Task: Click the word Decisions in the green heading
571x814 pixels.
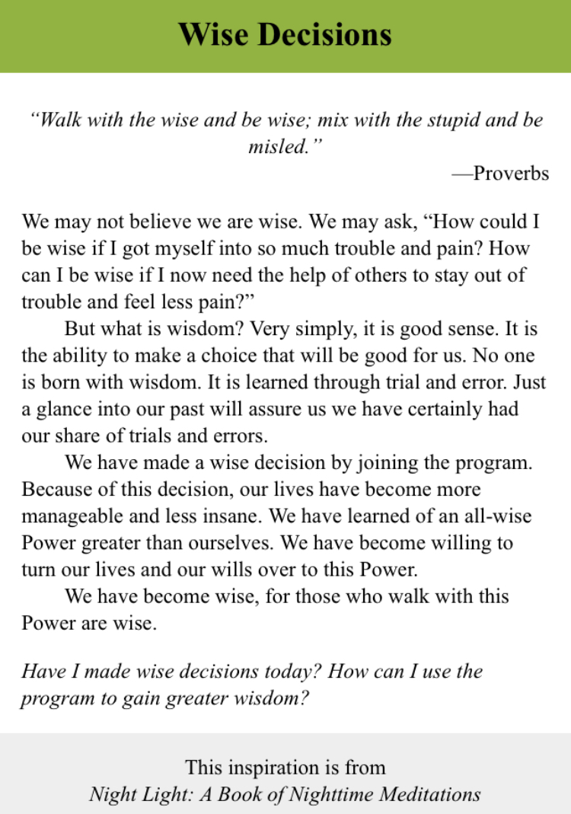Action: tap(329, 34)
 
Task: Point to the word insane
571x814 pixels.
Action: tap(228, 516)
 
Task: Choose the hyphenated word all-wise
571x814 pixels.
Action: tap(500, 516)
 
